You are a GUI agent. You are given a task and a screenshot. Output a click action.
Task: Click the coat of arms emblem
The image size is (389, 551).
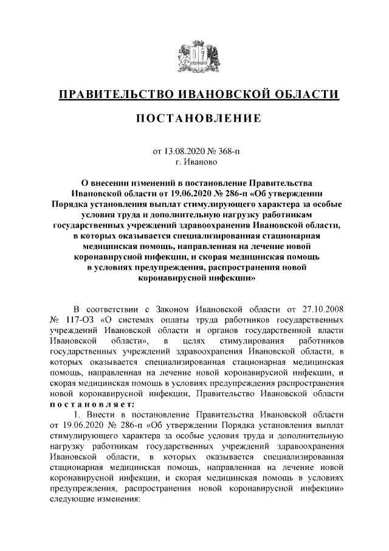click(194, 56)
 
